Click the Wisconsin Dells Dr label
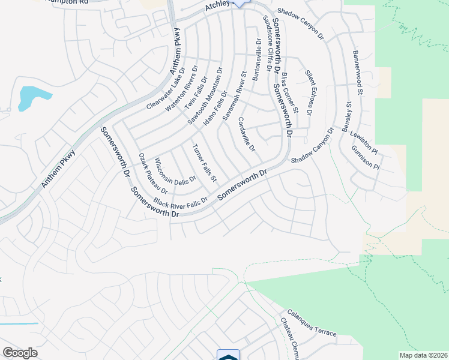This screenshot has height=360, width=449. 175,172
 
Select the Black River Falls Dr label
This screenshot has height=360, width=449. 180,201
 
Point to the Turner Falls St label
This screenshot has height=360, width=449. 204,163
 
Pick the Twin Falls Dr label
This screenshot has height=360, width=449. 195,92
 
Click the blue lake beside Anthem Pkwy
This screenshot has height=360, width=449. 29,98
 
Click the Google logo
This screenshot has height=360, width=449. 20,353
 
